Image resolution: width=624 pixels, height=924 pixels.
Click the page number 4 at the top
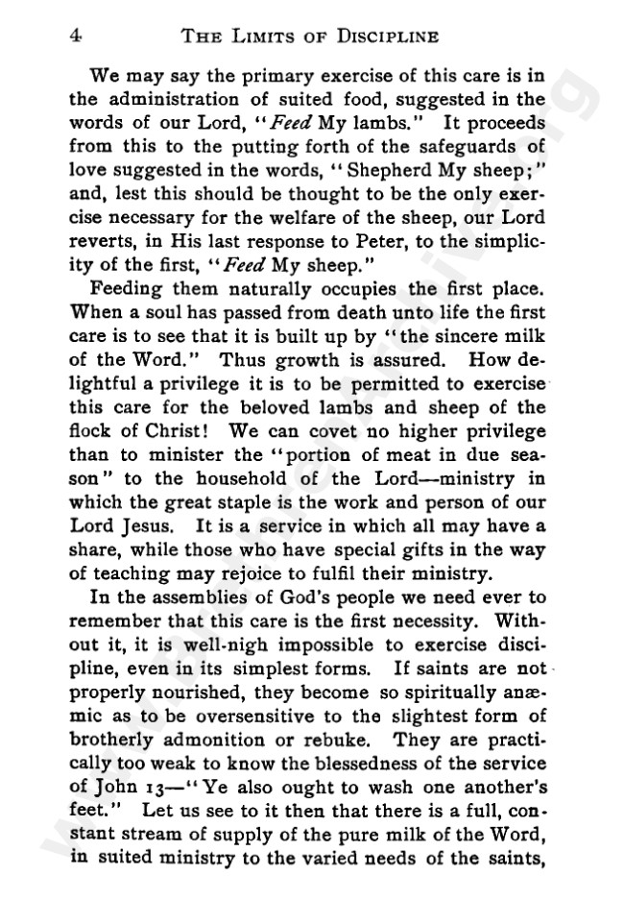(x=74, y=36)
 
